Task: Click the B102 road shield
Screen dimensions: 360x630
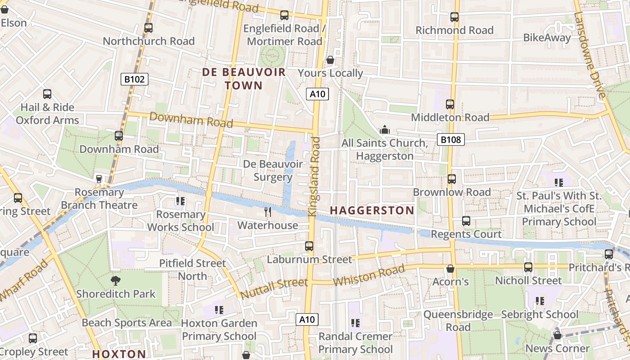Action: (x=135, y=80)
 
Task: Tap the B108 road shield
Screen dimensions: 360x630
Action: (x=450, y=139)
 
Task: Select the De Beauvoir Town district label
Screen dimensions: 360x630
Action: (x=244, y=79)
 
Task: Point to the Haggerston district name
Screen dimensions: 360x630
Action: (x=372, y=210)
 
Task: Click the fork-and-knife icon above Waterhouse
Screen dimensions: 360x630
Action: (x=268, y=211)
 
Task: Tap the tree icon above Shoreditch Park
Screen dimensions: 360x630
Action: (x=116, y=281)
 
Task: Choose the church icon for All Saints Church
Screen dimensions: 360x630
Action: (x=385, y=130)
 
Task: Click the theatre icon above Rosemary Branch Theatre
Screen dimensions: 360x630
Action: (x=99, y=179)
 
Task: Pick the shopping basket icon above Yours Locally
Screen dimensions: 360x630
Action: (x=330, y=60)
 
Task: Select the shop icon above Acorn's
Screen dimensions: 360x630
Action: (x=450, y=269)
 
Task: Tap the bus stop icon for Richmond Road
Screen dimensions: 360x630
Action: (x=454, y=17)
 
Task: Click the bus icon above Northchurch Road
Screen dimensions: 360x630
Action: (x=148, y=28)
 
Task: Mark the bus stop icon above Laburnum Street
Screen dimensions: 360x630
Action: (x=309, y=246)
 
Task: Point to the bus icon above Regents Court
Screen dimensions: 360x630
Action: (x=466, y=221)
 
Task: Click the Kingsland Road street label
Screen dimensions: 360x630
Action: (x=315, y=175)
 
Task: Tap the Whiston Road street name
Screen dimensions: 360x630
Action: (x=369, y=275)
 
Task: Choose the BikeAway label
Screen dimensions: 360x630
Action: (x=547, y=38)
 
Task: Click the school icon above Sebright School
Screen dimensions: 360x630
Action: (x=540, y=301)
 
